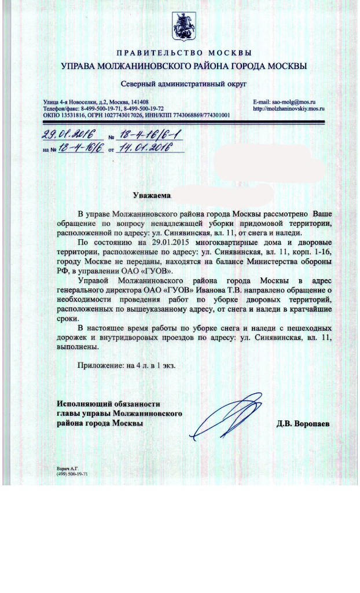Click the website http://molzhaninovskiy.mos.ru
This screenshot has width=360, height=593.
coord(289,108)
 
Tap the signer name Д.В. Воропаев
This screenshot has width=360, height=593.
coord(303,424)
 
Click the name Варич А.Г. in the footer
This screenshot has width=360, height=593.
coord(67,467)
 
